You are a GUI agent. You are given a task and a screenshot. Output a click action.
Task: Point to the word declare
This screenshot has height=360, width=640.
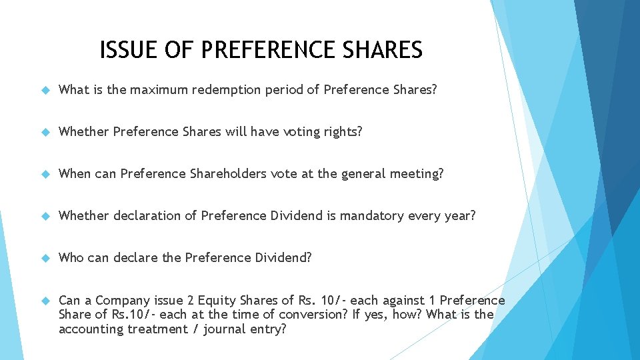(x=136, y=257)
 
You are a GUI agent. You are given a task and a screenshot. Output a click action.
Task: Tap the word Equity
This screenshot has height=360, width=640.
(x=219, y=300)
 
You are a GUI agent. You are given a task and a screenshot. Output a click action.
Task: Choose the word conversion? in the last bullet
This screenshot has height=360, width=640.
(x=317, y=314)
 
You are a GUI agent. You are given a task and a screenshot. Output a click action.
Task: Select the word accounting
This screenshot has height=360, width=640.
(x=91, y=329)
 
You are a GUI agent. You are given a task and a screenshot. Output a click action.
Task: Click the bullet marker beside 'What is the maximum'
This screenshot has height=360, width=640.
(x=45, y=89)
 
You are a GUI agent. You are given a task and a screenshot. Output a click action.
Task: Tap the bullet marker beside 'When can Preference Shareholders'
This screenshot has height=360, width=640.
(x=45, y=173)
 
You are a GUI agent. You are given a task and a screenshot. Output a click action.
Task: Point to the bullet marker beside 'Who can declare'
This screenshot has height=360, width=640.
(x=45, y=257)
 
